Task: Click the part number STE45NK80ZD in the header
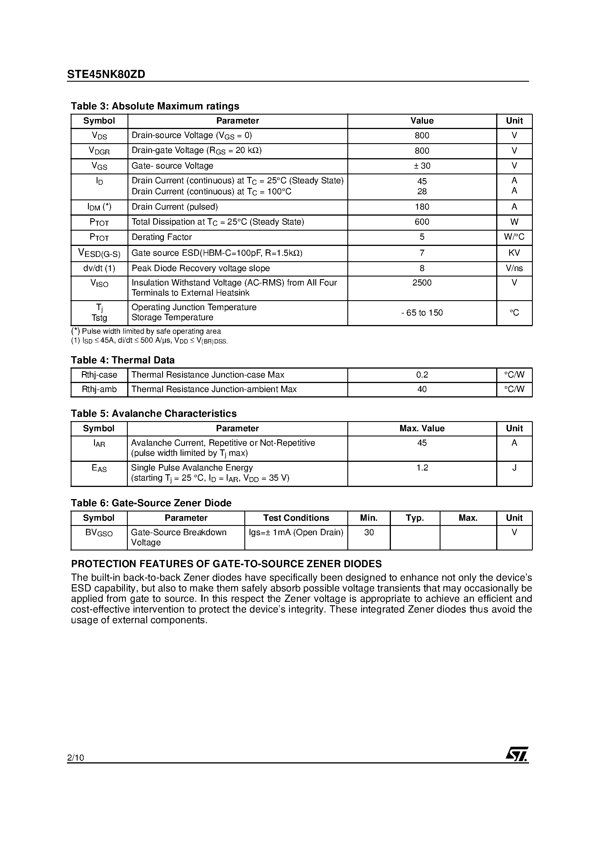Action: tap(106, 74)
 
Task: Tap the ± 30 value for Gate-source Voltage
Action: tap(422, 166)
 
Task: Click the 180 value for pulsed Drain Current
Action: tap(422, 207)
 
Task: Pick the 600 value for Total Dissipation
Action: tap(422, 222)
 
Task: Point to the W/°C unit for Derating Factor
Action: tap(514, 237)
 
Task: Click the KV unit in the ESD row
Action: tap(514, 253)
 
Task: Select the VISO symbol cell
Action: tap(99, 283)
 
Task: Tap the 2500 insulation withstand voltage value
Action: tap(422, 283)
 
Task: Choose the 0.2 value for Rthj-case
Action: tap(422, 375)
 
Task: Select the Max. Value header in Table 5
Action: tap(422, 428)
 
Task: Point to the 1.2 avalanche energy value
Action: tap(422, 468)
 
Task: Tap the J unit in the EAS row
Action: tap(514, 468)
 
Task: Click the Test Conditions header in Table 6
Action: tap(296, 518)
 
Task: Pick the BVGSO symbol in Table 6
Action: tap(99, 533)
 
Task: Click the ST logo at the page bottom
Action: tap(517, 754)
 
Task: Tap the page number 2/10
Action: tap(76, 758)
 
